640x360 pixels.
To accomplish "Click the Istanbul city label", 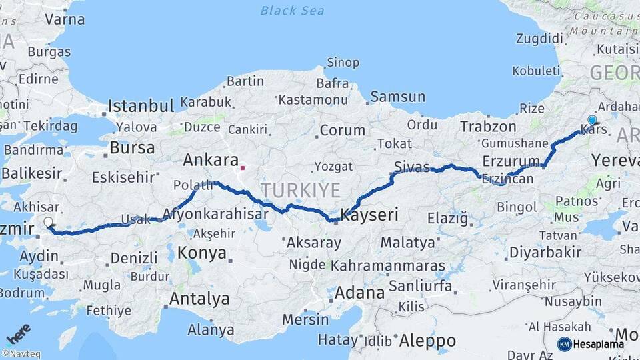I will [x=141, y=105].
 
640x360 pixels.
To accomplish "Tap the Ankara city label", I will [x=211, y=160].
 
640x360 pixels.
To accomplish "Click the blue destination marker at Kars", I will [x=592, y=120].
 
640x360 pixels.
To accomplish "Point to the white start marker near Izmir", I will [x=48, y=222].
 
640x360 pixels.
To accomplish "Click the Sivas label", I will [x=411, y=166].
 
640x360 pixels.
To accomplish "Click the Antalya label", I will [x=199, y=299].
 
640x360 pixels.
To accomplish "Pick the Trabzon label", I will [x=488, y=126].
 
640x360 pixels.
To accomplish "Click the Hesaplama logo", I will [x=591, y=344].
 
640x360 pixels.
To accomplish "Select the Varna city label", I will [x=65, y=19].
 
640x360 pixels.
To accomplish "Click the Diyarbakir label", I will [x=545, y=252].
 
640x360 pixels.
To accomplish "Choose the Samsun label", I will [x=397, y=97].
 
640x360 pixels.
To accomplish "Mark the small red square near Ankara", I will [x=243, y=169].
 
